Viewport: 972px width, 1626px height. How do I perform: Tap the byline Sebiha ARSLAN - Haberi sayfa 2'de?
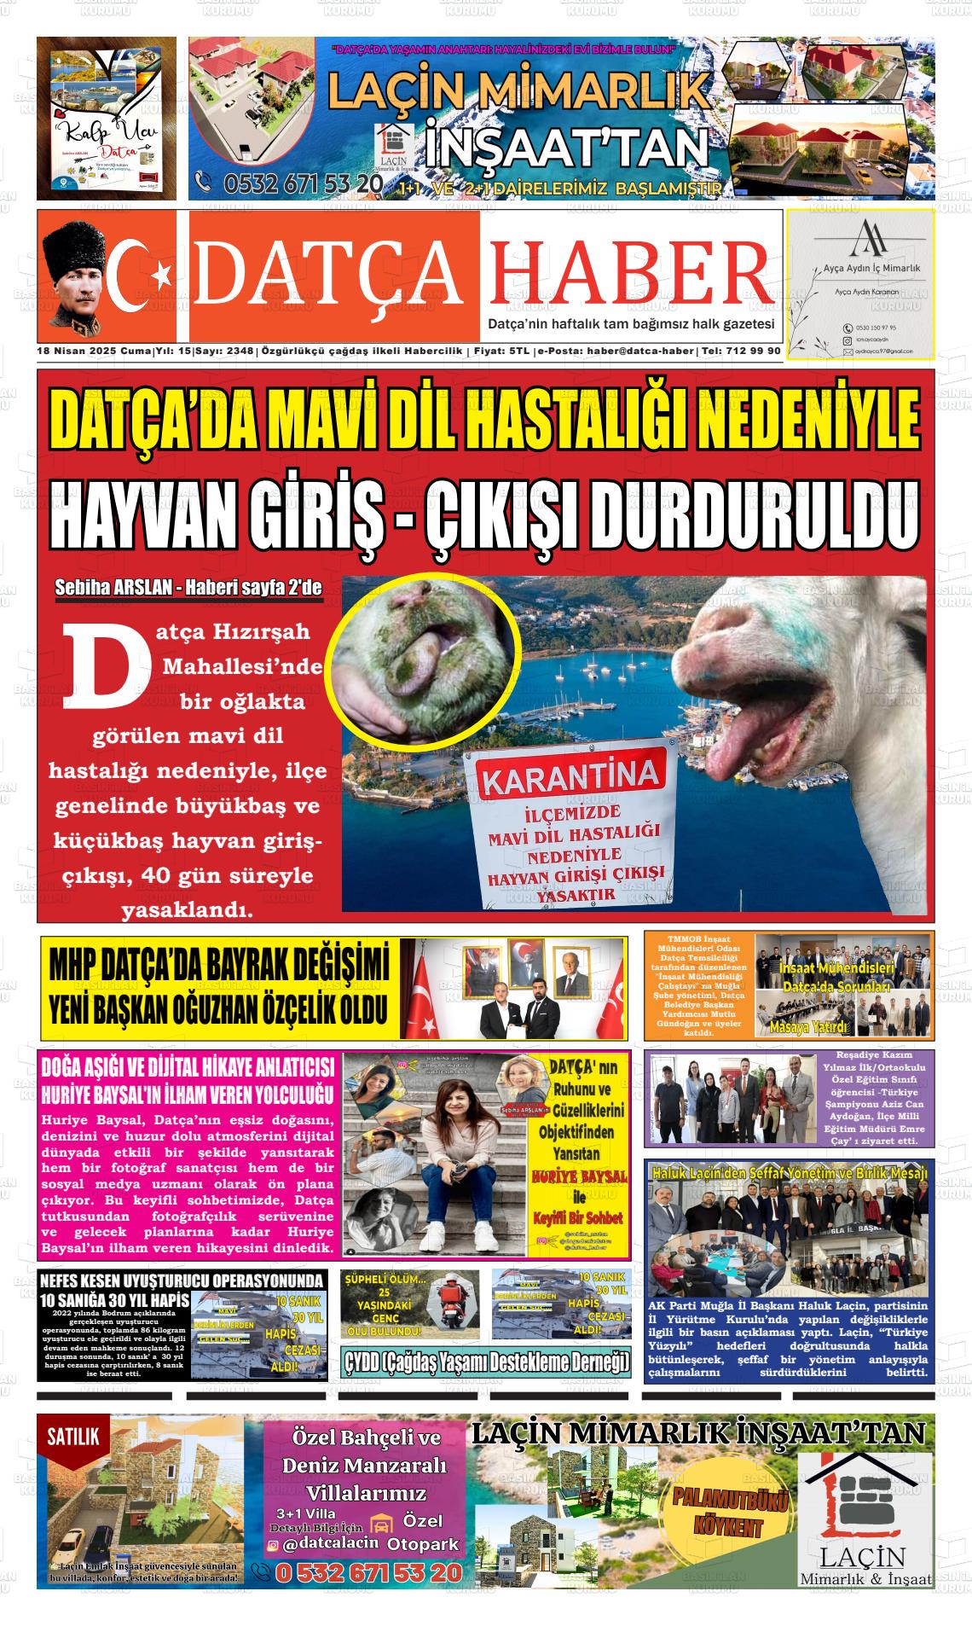(x=188, y=588)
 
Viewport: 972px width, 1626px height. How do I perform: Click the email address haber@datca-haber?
(x=641, y=351)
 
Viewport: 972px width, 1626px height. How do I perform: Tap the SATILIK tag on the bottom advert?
(x=73, y=1437)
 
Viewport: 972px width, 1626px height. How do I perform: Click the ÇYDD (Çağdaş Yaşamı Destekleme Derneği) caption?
(x=486, y=1363)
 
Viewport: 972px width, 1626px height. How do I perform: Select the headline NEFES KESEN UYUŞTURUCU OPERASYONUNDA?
(x=182, y=1280)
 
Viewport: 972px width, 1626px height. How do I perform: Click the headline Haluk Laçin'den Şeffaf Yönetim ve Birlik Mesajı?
(x=790, y=1173)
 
